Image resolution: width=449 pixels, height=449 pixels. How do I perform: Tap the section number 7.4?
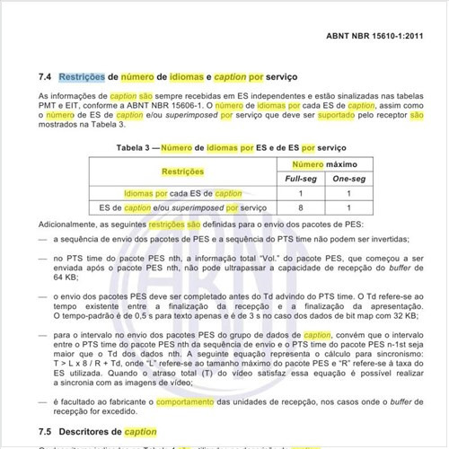coord(47,78)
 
